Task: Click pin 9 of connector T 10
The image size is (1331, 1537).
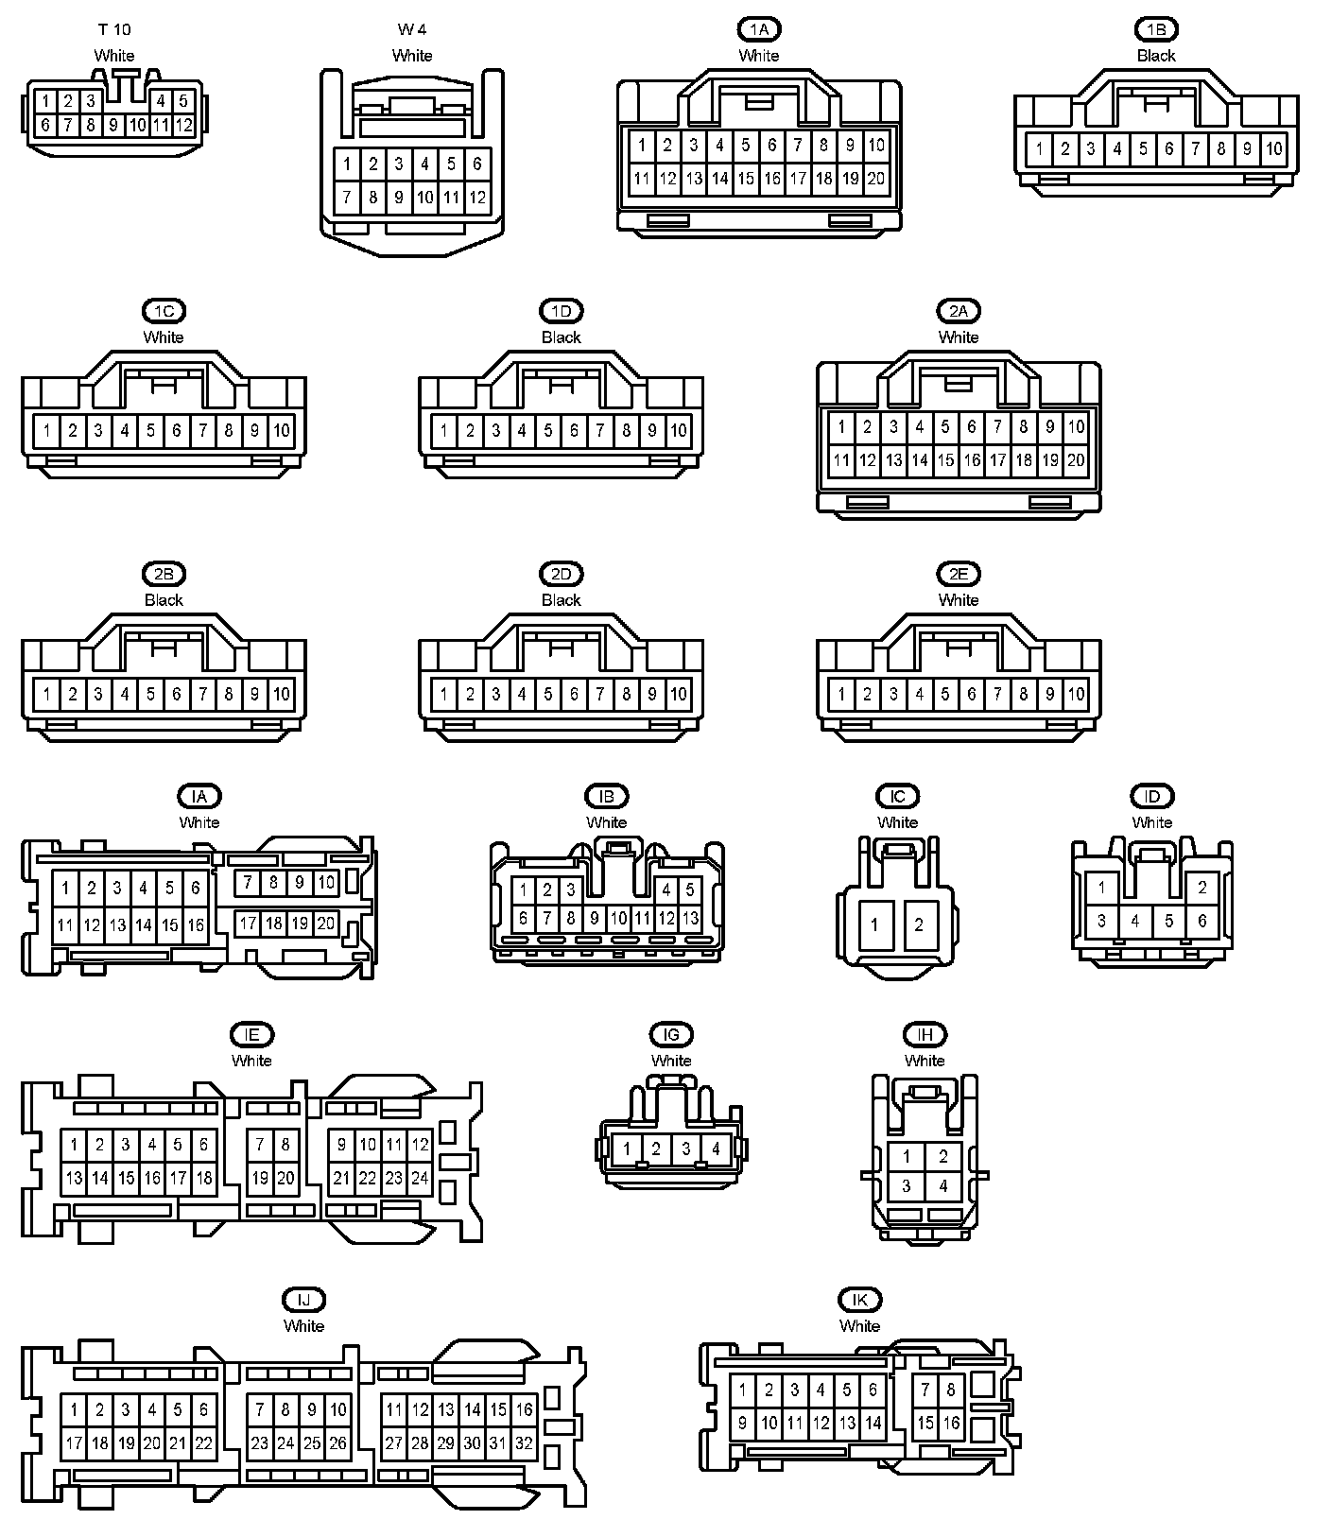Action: point(113,125)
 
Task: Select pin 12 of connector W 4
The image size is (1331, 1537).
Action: point(477,198)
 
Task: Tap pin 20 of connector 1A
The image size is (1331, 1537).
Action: point(875,178)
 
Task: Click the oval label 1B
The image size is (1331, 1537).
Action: point(1156,29)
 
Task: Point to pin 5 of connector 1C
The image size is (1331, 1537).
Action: point(150,431)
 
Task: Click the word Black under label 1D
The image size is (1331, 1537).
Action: point(561,337)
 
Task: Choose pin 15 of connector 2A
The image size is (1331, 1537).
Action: point(945,460)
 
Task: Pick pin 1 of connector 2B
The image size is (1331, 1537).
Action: point(46,694)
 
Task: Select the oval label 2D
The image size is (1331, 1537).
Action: point(561,574)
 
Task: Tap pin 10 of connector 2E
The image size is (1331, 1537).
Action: point(1076,694)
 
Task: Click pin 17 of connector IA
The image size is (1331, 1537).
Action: point(248,923)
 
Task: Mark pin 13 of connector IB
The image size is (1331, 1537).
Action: point(690,918)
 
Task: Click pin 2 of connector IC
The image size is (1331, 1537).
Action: point(918,924)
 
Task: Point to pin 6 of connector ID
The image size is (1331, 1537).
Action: point(1202,920)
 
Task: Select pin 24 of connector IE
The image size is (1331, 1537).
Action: point(420,1179)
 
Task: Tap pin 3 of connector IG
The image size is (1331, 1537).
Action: point(686,1149)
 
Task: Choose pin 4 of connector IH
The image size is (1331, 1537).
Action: point(942,1186)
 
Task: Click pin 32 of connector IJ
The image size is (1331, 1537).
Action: point(525,1443)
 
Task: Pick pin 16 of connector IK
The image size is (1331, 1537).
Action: point(951,1423)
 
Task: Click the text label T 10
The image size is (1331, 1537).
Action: point(114,29)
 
